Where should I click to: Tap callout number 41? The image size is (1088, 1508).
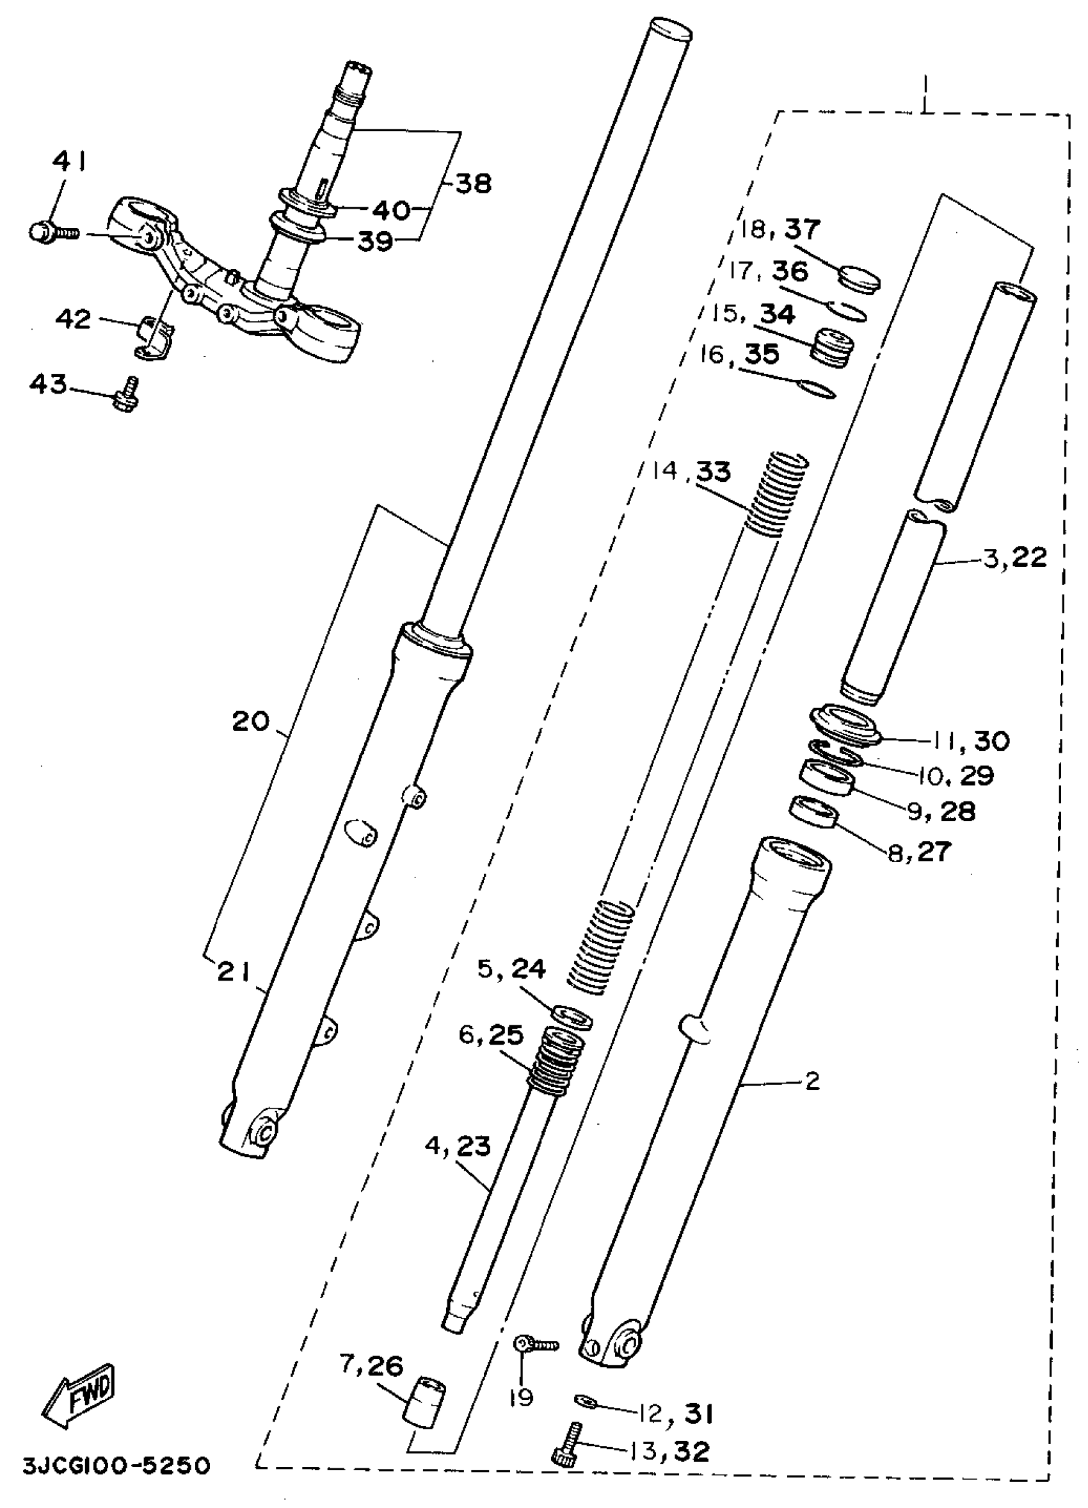tap(69, 161)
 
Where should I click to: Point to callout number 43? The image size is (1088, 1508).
tap(48, 383)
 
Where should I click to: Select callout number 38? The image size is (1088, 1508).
tap(473, 183)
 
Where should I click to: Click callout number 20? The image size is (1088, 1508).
tap(251, 721)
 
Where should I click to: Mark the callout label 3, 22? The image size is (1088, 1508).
tap(1015, 557)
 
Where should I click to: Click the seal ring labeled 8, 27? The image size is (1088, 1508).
tap(813, 812)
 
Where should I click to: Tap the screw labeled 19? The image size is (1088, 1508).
tap(536, 1346)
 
